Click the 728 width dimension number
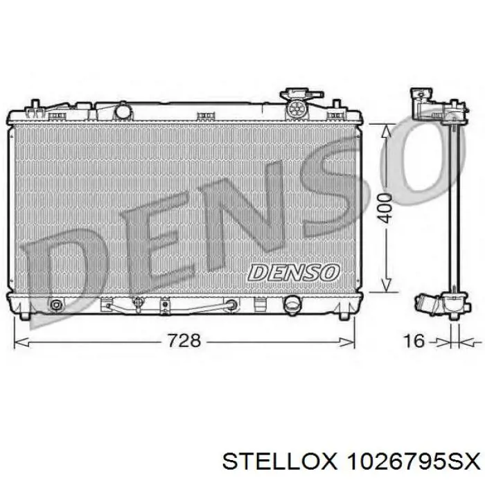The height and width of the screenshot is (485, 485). pyautogui.click(x=184, y=341)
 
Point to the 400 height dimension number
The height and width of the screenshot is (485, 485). pyautogui.click(x=385, y=208)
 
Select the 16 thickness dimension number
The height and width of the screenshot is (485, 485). pyautogui.click(x=414, y=341)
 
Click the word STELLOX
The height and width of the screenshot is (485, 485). pyautogui.click(x=279, y=463)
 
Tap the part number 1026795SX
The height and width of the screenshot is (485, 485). pyautogui.click(x=413, y=463)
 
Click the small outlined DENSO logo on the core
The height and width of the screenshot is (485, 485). pyautogui.click(x=293, y=272)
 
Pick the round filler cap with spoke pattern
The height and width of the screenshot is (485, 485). pyautogui.click(x=298, y=108)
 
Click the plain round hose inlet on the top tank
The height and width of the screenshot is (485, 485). pyautogui.click(x=123, y=111)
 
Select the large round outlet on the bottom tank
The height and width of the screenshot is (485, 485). pyautogui.click(x=292, y=304)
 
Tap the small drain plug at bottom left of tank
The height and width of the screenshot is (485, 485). pyautogui.click(x=55, y=305)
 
